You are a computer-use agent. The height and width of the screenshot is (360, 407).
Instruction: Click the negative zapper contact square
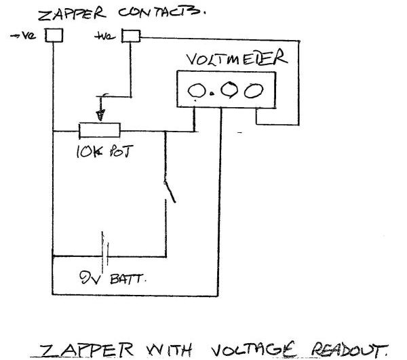coord(54,35)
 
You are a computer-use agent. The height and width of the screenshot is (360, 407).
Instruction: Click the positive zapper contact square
coord(129,35)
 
